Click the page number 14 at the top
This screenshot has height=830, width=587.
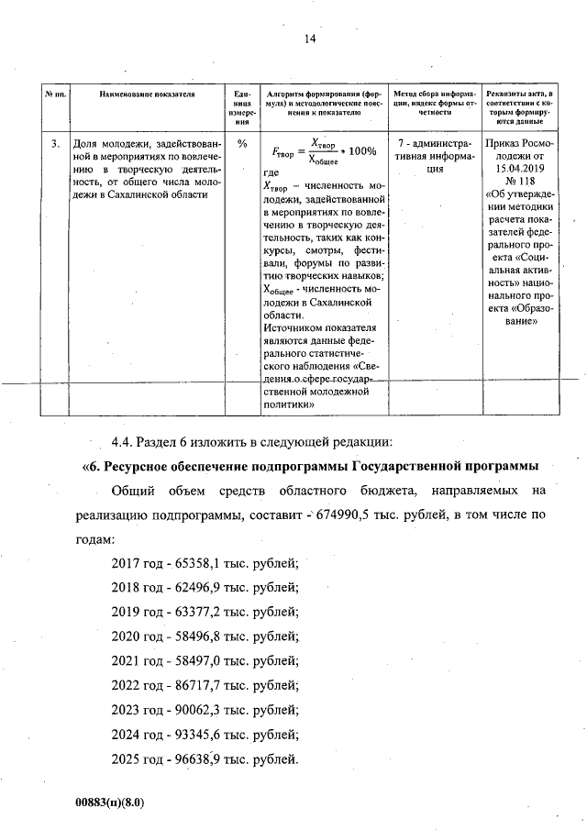coord(309,39)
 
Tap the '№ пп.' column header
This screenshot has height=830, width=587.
coord(55,94)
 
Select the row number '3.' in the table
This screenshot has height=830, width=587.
coord(55,144)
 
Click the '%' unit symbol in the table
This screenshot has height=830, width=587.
coord(242,144)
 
